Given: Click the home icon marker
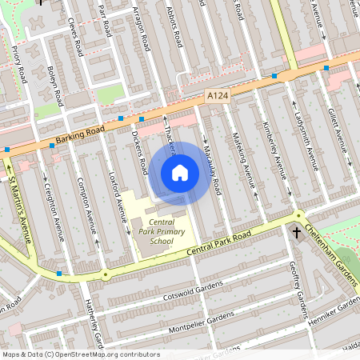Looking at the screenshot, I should [180, 172].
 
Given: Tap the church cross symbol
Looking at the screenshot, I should [297, 233].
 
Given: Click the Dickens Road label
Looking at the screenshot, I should [141, 154].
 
